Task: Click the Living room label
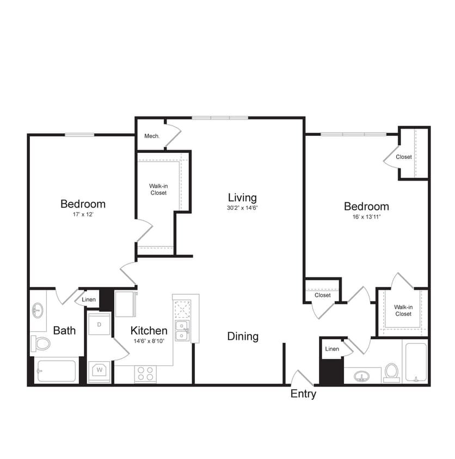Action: coord(242,197)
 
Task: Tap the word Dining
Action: coord(243,336)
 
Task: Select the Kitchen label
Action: coord(149,330)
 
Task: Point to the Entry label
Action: coord(303,394)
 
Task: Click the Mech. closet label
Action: coord(152,136)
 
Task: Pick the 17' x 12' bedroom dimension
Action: coord(83,214)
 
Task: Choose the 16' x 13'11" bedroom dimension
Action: coord(366,216)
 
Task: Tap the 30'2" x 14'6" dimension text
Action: coord(242,208)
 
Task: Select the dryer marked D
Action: coord(99,325)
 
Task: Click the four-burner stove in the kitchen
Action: coord(145,374)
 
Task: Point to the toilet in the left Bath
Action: coord(41,343)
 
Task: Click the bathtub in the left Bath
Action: coord(56,371)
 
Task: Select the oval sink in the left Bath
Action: coord(38,311)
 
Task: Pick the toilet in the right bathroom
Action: coord(391,372)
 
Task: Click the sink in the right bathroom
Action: coord(362,375)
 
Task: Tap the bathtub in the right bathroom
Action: coord(416,361)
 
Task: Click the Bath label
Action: coord(64,330)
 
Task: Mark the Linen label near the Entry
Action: coord(332,349)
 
